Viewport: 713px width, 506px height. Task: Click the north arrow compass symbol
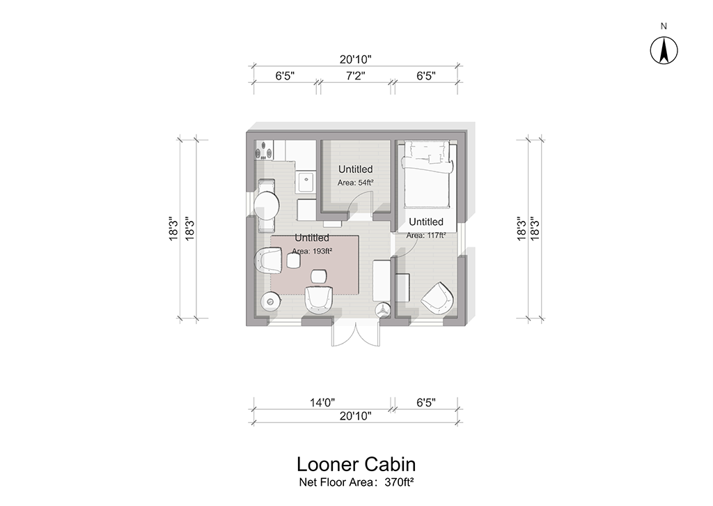pos(664,49)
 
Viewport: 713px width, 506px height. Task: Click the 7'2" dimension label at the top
pos(356,75)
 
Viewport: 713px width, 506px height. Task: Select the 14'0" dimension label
pos(322,402)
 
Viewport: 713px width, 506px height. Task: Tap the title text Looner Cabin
pos(356,464)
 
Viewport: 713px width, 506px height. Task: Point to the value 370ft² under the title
pos(399,482)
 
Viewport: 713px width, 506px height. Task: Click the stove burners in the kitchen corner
pos(264,150)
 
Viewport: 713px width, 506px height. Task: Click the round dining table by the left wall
pos(267,206)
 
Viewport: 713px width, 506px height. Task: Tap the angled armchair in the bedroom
pos(437,298)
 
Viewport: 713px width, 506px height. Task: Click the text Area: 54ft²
pos(356,183)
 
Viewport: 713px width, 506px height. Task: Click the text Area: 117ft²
pos(425,236)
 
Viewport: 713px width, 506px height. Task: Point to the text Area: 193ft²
pos(312,251)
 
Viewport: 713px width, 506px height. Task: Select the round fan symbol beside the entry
pos(382,311)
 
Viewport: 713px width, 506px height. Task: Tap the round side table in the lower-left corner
pos(269,301)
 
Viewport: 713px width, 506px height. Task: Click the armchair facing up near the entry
pos(318,299)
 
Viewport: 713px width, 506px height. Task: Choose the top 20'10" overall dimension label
pos(356,59)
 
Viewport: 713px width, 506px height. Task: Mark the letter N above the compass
pos(664,26)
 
